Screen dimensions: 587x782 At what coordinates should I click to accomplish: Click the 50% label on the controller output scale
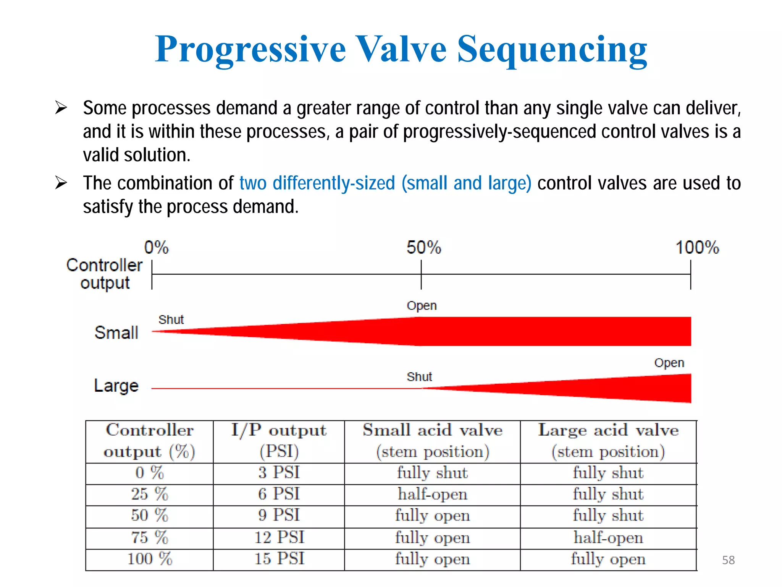(423, 248)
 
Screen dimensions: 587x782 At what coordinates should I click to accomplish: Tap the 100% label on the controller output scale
(697, 248)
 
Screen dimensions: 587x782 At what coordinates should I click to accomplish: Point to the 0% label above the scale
(156, 248)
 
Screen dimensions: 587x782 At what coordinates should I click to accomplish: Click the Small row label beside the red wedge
(116, 332)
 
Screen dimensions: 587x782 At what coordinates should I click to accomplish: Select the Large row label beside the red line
(116, 386)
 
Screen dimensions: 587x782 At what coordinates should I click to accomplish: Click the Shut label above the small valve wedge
(171, 319)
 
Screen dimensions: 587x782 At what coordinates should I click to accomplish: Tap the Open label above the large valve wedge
(669, 363)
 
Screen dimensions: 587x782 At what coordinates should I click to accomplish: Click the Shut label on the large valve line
(419, 377)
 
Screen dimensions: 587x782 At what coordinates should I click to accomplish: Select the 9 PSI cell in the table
(279, 515)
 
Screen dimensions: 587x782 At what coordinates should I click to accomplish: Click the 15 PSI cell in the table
(279, 559)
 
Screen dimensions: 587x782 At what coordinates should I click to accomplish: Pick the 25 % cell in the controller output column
(149, 494)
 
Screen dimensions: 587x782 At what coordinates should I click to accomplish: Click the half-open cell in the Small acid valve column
(432, 494)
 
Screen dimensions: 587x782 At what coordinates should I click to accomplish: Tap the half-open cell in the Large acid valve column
(608, 537)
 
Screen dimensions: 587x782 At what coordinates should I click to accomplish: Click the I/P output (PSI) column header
(279, 441)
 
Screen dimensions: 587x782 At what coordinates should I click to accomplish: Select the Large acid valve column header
(608, 441)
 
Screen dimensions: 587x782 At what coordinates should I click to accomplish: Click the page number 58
(728, 560)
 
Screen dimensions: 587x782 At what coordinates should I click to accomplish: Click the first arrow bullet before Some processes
(61, 108)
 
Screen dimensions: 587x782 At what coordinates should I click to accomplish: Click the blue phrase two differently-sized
(317, 183)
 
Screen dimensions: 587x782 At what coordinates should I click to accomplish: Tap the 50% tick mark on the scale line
(421, 274)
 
